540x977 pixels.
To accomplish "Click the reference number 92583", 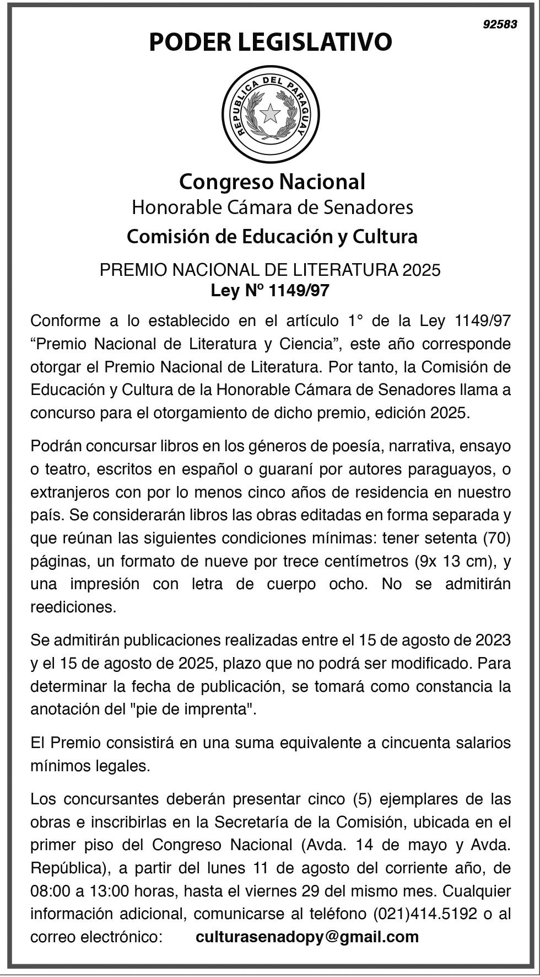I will point(500,25).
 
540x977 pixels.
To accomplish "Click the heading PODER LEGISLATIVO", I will point(270,42).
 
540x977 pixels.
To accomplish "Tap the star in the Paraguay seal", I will point(270,114).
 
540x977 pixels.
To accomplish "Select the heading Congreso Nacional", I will point(272,181).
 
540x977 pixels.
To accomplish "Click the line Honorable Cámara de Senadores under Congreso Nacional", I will point(272,207).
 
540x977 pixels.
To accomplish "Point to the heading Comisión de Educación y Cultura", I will point(272,237).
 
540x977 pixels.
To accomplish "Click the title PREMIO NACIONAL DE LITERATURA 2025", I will point(270,270).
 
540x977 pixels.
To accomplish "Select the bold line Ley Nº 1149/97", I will point(270,290).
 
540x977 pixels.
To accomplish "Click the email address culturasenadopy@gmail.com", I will point(307,937).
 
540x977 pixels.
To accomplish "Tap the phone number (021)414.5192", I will point(425,914).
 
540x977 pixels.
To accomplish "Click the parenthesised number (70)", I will point(496,538).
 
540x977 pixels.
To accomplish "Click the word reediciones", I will point(73,607).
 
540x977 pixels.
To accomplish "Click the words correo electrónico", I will point(96,937).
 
